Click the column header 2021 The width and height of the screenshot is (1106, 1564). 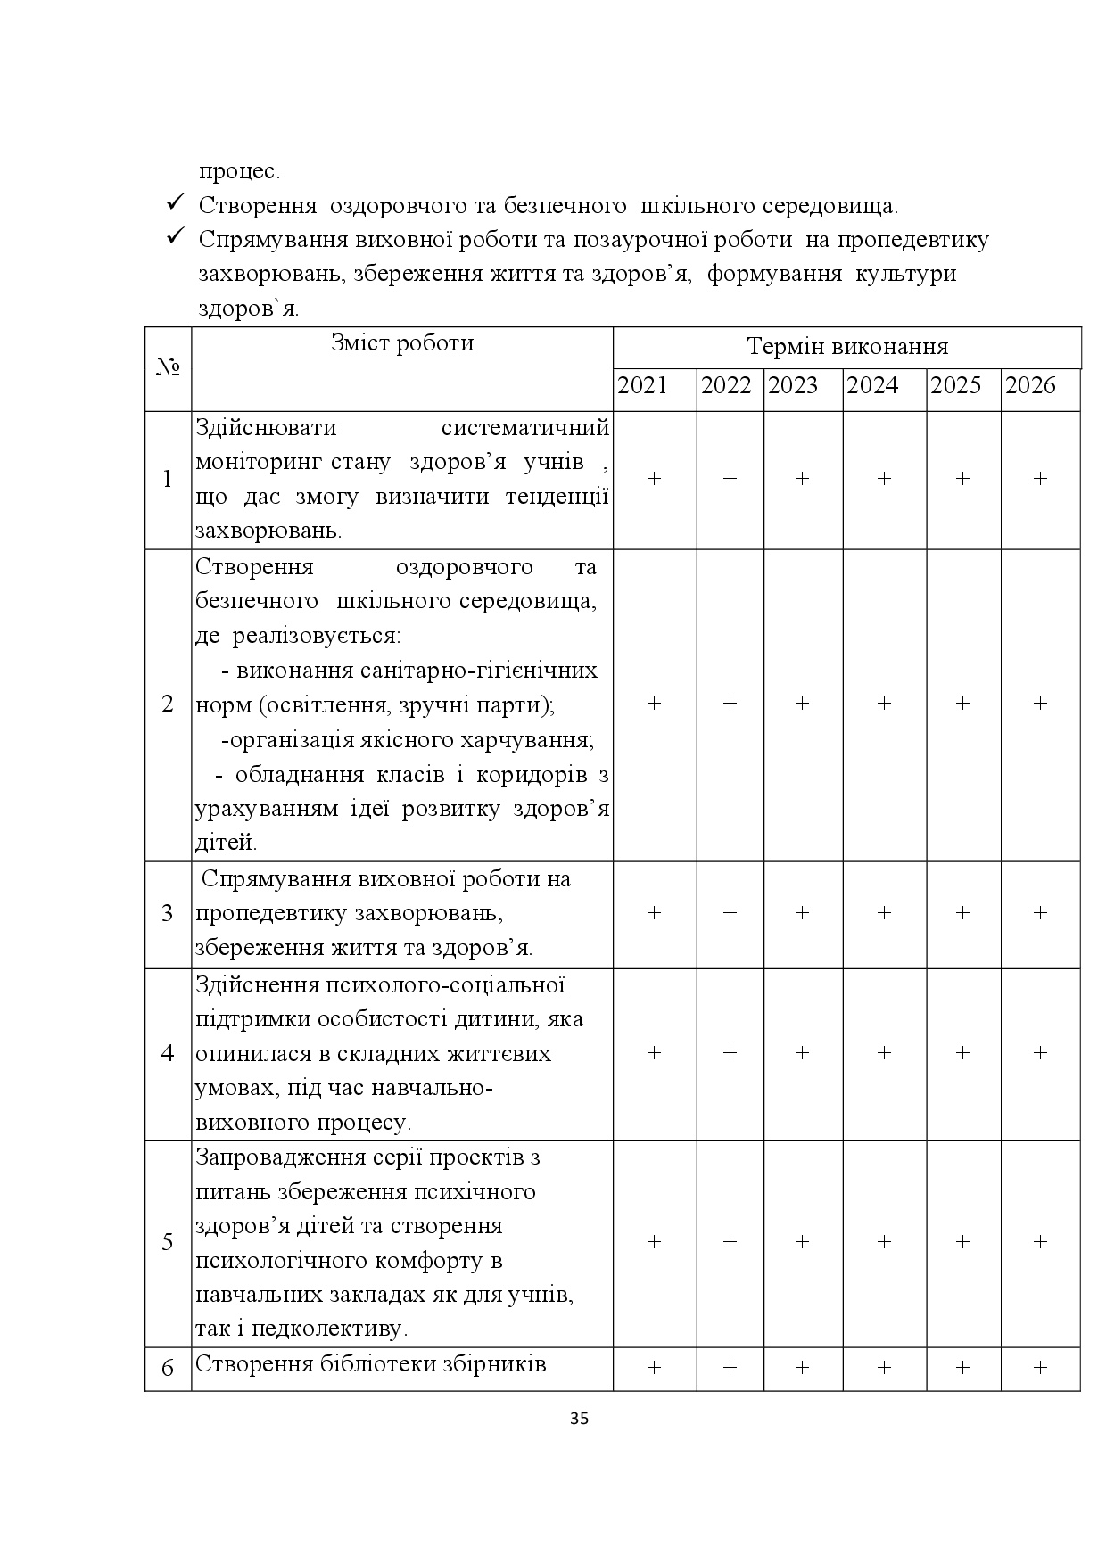click(x=642, y=385)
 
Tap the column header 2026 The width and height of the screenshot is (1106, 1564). click(x=1030, y=385)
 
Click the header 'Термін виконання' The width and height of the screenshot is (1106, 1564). click(x=846, y=346)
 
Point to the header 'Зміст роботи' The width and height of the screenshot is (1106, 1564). click(x=402, y=343)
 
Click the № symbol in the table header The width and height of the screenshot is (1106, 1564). click(x=168, y=367)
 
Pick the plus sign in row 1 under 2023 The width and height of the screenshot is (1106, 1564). click(x=802, y=479)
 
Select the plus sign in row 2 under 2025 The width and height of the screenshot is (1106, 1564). click(x=962, y=704)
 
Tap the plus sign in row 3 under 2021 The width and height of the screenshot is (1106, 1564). click(x=654, y=913)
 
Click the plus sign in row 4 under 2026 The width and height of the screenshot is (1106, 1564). click(x=1040, y=1053)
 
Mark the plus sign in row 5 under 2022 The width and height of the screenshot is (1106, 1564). click(x=730, y=1242)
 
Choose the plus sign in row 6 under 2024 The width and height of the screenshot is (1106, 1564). click(x=884, y=1367)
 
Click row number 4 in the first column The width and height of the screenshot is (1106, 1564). click(x=168, y=1053)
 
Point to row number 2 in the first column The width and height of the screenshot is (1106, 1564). click(x=168, y=704)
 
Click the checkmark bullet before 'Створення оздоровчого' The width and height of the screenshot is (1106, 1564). click(x=175, y=203)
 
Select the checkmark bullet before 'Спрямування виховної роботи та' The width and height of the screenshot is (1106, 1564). click(x=175, y=237)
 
